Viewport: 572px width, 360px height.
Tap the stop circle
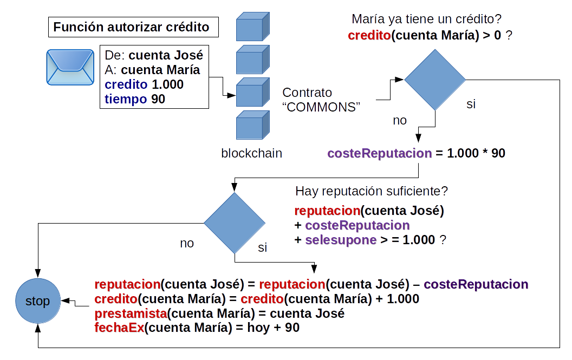tap(37, 301)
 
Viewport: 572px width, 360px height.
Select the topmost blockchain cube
tap(252, 27)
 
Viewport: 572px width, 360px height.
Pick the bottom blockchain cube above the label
tap(252, 125)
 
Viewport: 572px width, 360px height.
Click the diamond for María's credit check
tap(435, 80)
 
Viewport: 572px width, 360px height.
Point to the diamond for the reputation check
tap(235, 224)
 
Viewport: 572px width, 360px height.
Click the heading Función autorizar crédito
tap(131, 27)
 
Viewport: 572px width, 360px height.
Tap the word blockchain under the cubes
tap(251, 153)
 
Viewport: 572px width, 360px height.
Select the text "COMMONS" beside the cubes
tap(321, 107)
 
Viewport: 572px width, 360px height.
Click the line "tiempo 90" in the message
tap(135, 99)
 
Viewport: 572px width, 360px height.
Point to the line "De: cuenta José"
tap(154, 55)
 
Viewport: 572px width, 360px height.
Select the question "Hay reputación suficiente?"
tap(372, 191)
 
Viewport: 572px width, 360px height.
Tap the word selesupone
tap(341, 240)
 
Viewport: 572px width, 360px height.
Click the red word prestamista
tap(130, 314)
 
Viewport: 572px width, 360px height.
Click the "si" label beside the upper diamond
tap(471, 104)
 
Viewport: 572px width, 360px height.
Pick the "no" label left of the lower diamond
tap(187, 243)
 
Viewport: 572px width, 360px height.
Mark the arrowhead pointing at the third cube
tap(232, 95)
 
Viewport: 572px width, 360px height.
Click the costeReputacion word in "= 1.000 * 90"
tap(380, 153)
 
